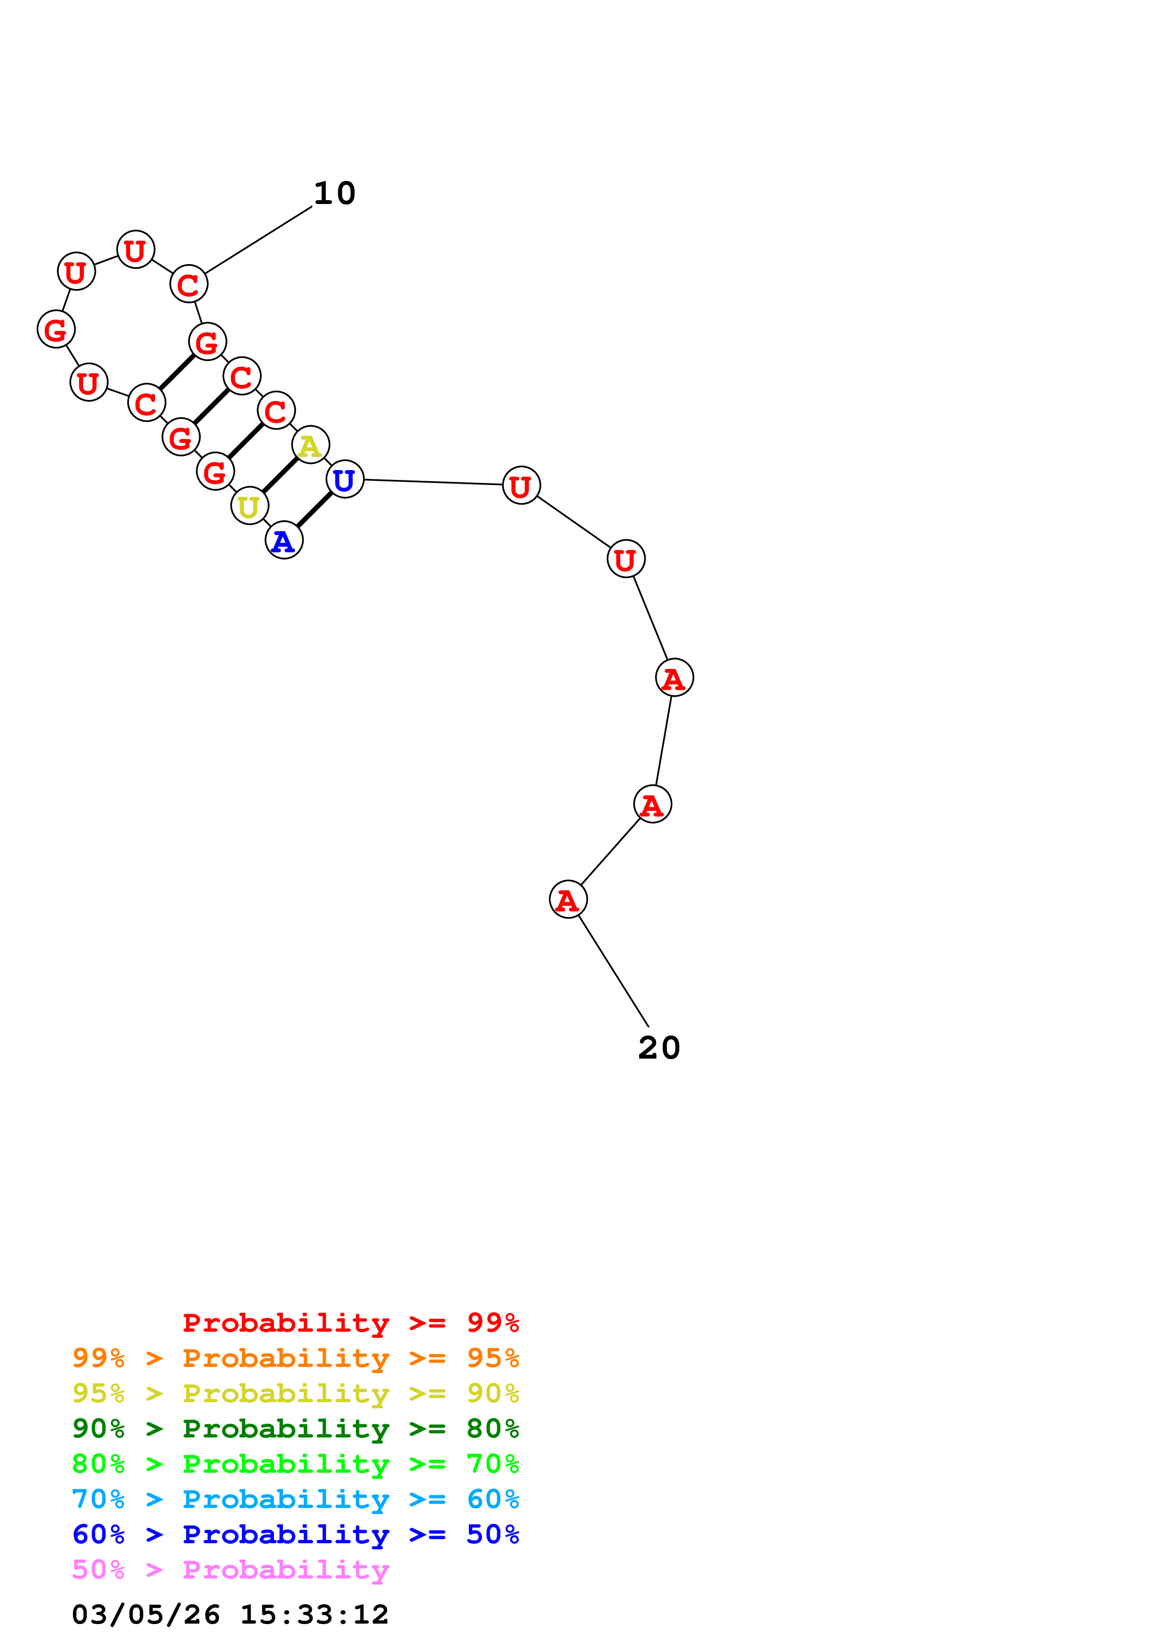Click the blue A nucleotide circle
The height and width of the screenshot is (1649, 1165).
coord(284,540)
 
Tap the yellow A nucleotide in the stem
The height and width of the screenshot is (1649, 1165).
coord(310,445)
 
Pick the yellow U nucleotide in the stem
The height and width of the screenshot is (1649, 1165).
coord(249,506)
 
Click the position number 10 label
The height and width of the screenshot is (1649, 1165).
coord(335,193)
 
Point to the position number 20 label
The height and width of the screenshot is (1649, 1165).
coord(659,1048)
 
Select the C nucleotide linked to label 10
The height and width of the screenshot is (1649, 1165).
coord(189,284)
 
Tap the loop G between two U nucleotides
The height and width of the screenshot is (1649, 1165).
coord(56,329)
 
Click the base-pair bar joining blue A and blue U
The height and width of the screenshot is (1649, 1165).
coord(314,510)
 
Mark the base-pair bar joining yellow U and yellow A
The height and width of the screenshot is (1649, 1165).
coord(280,475)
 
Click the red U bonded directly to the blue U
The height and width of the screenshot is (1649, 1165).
coord(521,486)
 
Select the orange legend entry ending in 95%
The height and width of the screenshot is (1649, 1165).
coord(295,1358)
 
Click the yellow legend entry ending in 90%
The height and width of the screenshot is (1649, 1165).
coord(295,1393)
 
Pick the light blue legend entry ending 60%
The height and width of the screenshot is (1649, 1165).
coord(295,1499)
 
